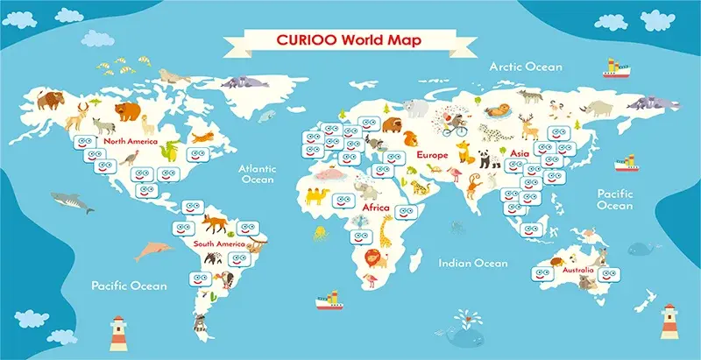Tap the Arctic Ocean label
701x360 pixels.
click(x=526, y=67)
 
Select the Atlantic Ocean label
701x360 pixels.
click(x=258, y=173)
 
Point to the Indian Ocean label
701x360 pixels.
click(x=472, y=263)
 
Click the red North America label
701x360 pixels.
click(x=129, y=141)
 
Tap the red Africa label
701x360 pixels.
click(x=375, y=208)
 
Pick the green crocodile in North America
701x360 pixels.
click(x=171, y=150)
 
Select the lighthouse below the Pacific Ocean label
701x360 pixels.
click(x=117, y=332)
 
